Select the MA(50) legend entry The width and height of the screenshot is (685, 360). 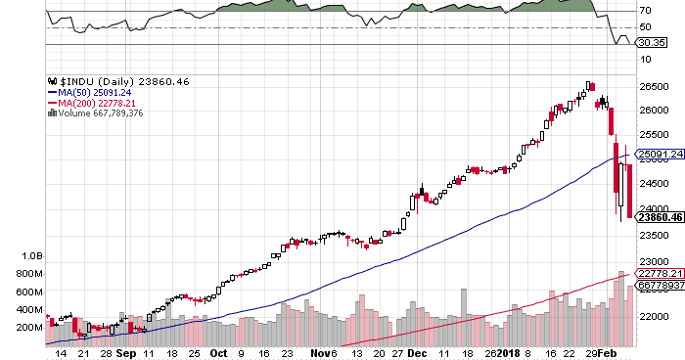click(x=88, y=93)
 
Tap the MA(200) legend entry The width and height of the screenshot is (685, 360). click(x=91, y=103)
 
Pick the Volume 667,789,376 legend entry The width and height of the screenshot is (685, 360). click(x=101, y=112)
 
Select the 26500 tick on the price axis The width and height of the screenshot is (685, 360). click(x=654, y=86)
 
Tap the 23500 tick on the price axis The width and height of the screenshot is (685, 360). click(x=654, y=235)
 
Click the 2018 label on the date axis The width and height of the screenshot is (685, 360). click(x=508, y=352)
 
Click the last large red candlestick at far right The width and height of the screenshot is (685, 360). click(x=628, y=192)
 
